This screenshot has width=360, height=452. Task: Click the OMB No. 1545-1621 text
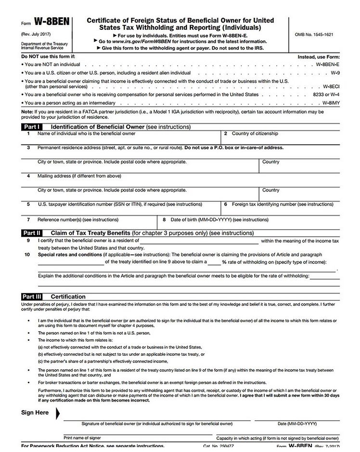(x=314, y=35)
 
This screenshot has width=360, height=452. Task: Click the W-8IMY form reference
(x=331, y=103)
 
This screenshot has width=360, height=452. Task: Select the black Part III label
(x=33, y=297)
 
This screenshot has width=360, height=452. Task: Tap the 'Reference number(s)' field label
(x=78, y=220)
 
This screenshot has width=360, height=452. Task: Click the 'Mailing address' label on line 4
(x=79, y=176)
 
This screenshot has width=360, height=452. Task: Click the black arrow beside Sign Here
(x=59, y=413)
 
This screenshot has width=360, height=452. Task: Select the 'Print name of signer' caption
(x=82, y=438)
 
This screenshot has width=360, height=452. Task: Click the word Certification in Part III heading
(x=68, y=297)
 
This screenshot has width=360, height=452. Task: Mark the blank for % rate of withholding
(x=214, y=263)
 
